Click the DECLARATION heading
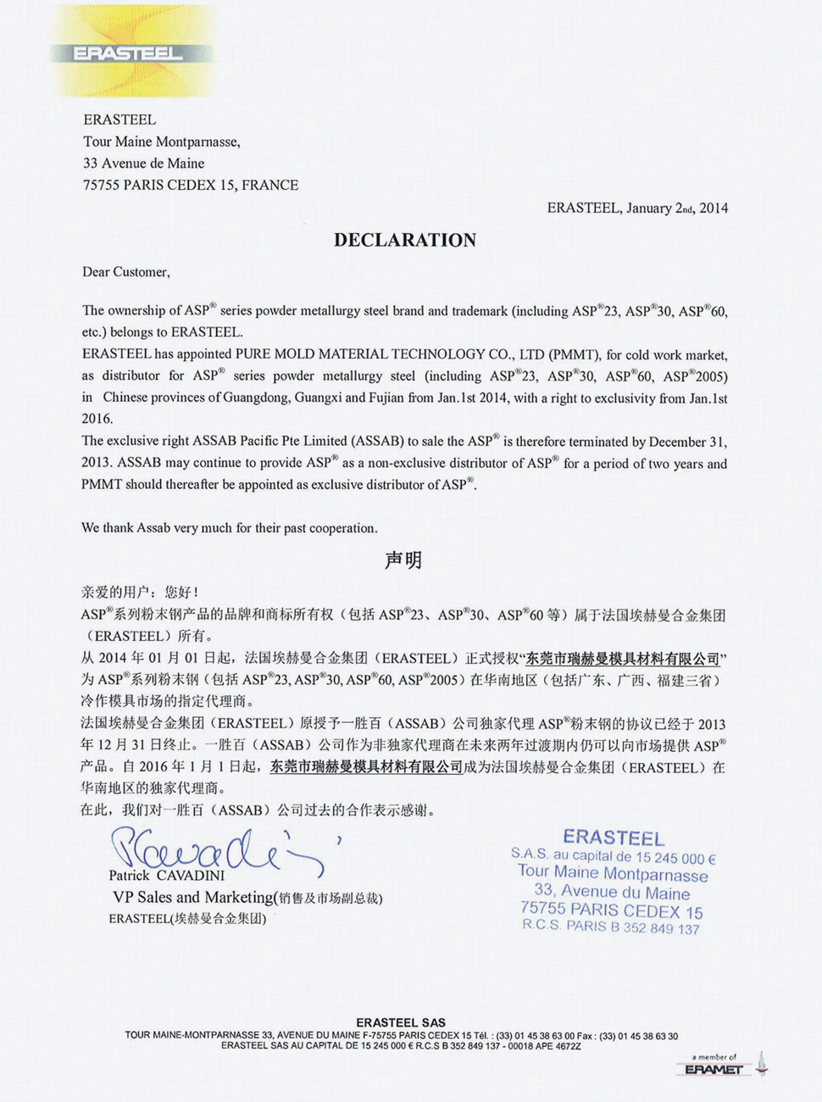405,240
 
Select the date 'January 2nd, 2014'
677,209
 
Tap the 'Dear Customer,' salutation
125,272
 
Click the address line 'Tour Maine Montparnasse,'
161,142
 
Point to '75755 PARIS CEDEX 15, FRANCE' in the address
190,185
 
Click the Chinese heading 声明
403,560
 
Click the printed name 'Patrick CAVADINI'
166,876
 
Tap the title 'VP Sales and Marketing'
193,897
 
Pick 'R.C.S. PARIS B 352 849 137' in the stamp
611,927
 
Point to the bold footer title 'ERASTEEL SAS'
401,1023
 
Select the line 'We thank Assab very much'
229,528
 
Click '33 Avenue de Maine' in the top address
143,164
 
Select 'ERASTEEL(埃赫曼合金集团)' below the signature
187,918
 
